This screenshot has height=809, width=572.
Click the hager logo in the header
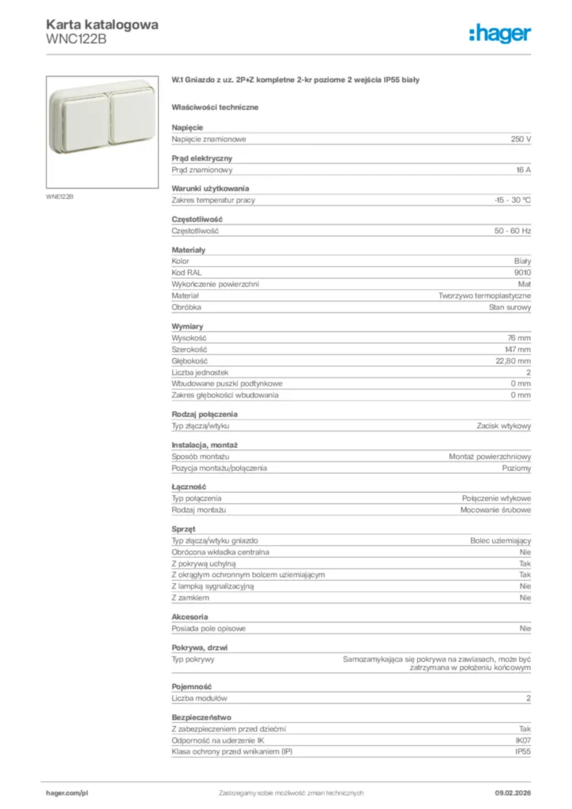click(500, 33)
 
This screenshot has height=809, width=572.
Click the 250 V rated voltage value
click(521, 139)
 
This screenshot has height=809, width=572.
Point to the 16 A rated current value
click(523, 170)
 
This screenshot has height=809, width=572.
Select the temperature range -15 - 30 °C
click(512, 201)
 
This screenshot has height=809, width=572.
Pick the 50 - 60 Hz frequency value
click(514, 231)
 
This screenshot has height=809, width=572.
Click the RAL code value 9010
click(522, 272)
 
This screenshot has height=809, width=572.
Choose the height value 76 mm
click(519, 338)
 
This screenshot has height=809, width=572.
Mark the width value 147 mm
click(517, 349)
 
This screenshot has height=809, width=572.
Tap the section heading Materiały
click(189, 250)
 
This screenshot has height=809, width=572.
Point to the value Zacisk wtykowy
click(504, 426)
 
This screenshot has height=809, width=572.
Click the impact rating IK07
click(522, 740)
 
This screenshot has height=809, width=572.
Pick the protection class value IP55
click(523, 751)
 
